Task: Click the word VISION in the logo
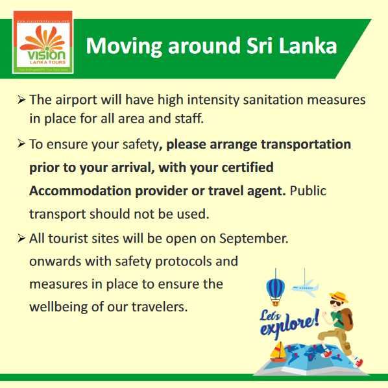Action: (43, 56)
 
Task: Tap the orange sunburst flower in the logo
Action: (43, 38)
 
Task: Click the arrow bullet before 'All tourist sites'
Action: (22, 238)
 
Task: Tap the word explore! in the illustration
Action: (289, 324)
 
